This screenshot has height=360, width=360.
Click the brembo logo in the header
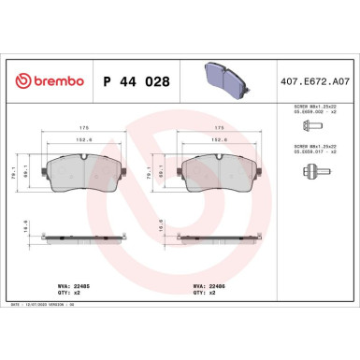[47, 81]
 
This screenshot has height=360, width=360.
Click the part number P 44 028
[134, 81]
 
